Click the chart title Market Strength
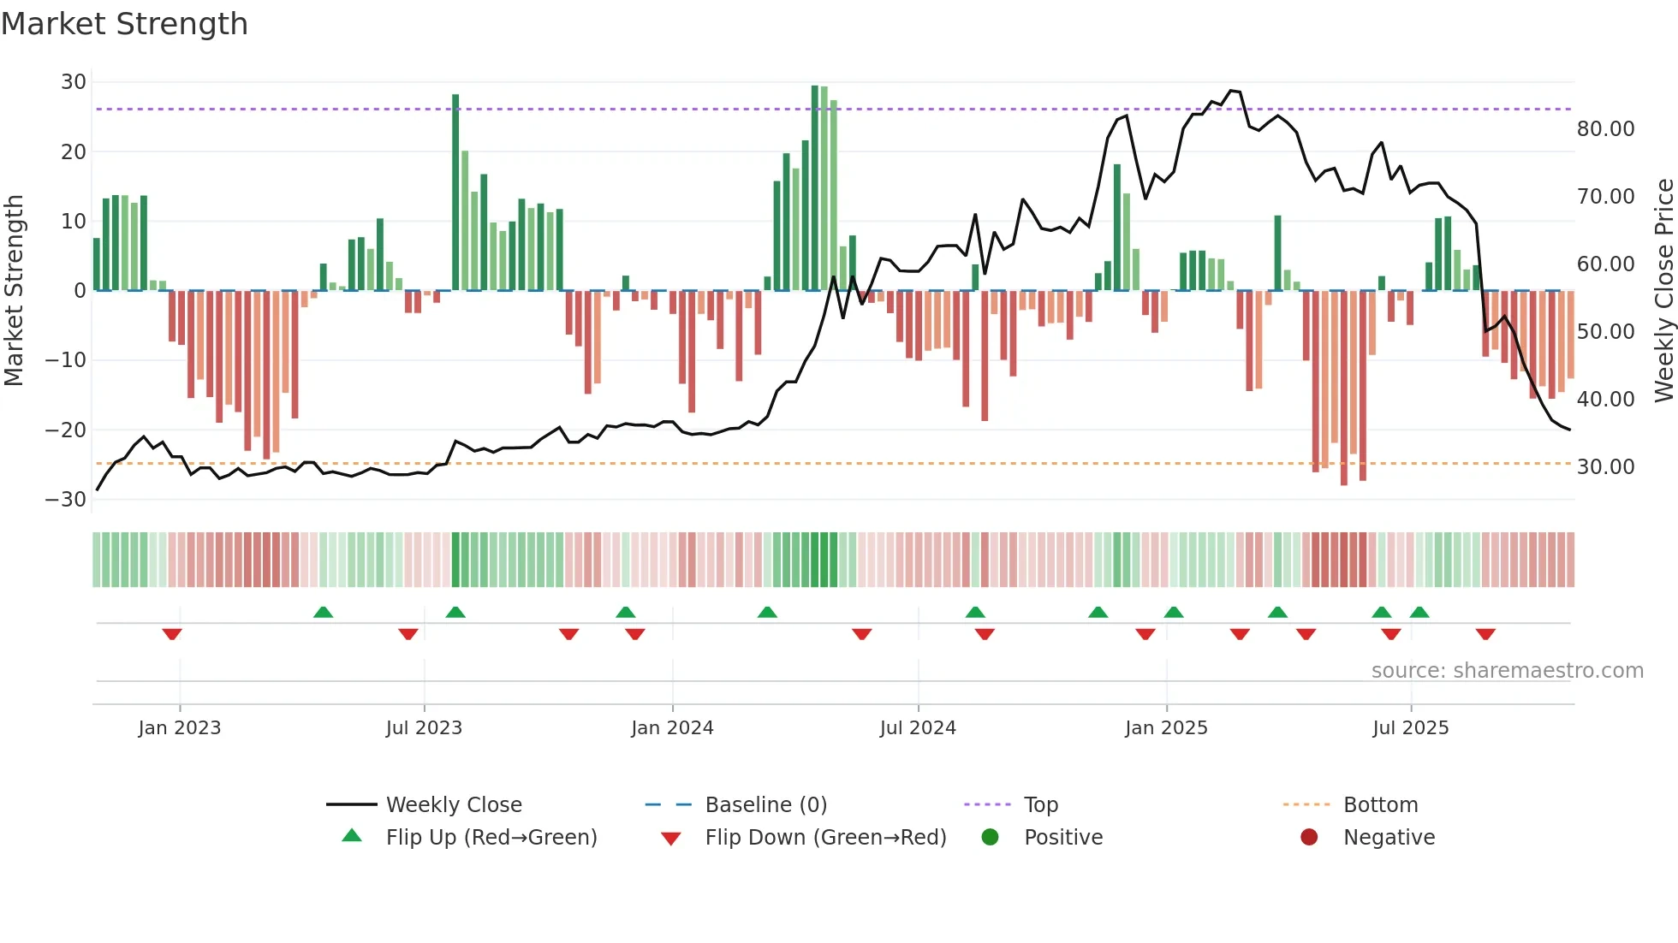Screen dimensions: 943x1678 [124, 24]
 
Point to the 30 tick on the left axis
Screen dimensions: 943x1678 [74, 82]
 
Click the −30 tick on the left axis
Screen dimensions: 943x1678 [66, 500]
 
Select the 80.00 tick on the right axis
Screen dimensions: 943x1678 [1605, 129]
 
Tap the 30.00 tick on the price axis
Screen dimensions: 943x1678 [1605, 467]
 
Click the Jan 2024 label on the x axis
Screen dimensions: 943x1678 [672, 728]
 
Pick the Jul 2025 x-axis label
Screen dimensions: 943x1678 [1410, 728]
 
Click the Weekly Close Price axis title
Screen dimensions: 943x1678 [1663, 291]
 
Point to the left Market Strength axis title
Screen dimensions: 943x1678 [15, 291]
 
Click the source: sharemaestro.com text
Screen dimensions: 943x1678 [1507, 671]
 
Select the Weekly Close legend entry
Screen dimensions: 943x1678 [453, 805]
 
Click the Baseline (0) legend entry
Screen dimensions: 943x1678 [765, 805]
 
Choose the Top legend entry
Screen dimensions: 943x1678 [1040, 805]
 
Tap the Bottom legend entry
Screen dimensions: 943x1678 [1380, 805]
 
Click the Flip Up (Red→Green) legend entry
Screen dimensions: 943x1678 [491, 838]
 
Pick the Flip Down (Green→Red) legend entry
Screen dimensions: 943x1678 [825, 838]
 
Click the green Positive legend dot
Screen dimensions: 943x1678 [991, 838]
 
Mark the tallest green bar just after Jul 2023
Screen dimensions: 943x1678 [455, 193]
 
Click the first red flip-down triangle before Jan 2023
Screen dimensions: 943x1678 [172, 634]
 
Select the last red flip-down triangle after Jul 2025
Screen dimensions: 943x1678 [1485, 634]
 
